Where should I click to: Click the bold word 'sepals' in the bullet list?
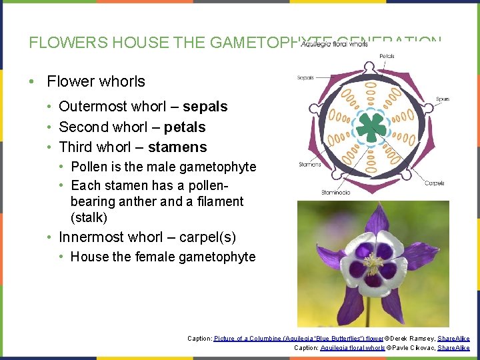(x=205, y=107)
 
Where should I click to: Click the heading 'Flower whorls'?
(x=96, y=81)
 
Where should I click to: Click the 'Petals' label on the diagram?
(x=387, y=56)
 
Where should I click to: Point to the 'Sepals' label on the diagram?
(x=305, y=78)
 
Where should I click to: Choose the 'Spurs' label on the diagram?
(x=443, y=99)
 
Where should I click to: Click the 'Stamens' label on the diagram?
(x=310, y=164)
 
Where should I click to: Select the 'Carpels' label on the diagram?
(x=435, y=183)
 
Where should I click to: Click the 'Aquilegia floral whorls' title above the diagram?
(x=335, y=44)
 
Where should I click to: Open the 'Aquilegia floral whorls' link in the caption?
(x=353, y=347)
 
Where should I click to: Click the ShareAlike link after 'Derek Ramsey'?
(x=453, y=338)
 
